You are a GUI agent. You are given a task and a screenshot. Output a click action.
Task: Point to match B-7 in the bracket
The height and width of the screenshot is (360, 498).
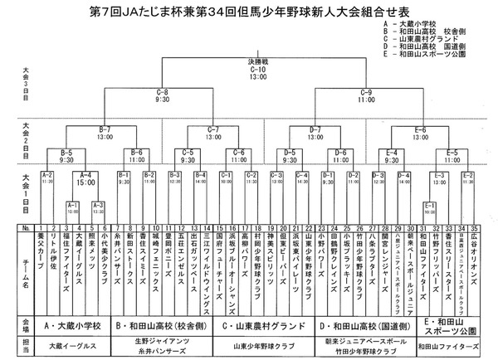105,130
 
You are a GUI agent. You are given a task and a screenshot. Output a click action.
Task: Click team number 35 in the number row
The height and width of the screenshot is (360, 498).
471,226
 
